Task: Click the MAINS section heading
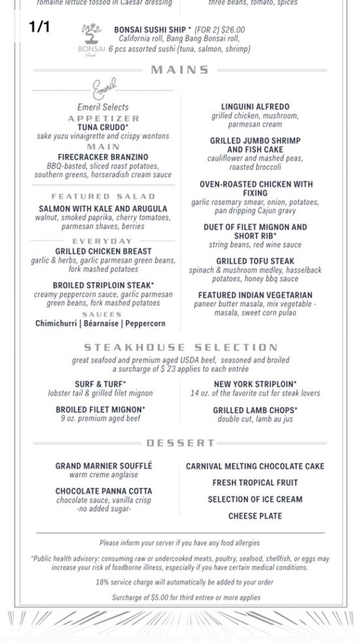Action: click(180, 70)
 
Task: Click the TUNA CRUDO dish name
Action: click(103, 127)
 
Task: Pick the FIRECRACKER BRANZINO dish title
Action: click(103, 157)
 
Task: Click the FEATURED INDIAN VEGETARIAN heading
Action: click(255, 295)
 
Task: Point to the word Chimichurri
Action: click(57, 323)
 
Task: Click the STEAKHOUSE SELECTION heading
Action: click(180, 348)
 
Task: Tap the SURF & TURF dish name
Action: click(100, 384)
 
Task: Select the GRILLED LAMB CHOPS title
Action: click(255, 410)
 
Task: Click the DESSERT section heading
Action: click(180, 443)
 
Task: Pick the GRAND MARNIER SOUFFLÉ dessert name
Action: click(103, 466)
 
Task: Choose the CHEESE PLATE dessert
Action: click(255, 516)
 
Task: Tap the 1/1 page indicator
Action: click(39, 27)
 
